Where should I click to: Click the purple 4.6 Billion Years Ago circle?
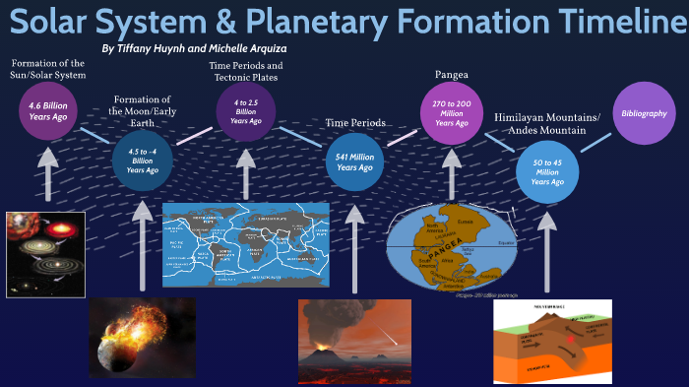[x=48, y=110]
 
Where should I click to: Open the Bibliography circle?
[x=644, y=113]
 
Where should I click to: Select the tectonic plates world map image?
[x=245, y=244]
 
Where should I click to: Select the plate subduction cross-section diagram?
[x=553, y=342]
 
